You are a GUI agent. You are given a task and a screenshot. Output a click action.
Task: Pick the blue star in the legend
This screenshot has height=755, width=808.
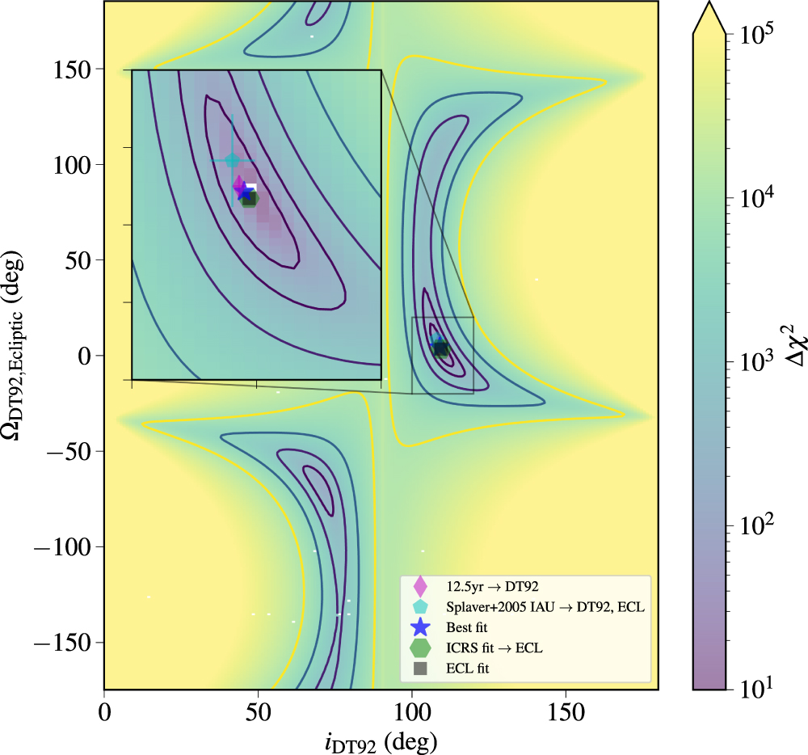419,626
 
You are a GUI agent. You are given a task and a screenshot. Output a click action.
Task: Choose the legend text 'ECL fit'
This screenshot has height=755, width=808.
468,669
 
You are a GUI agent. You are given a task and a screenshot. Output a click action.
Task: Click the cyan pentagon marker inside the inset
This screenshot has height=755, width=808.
233,161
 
